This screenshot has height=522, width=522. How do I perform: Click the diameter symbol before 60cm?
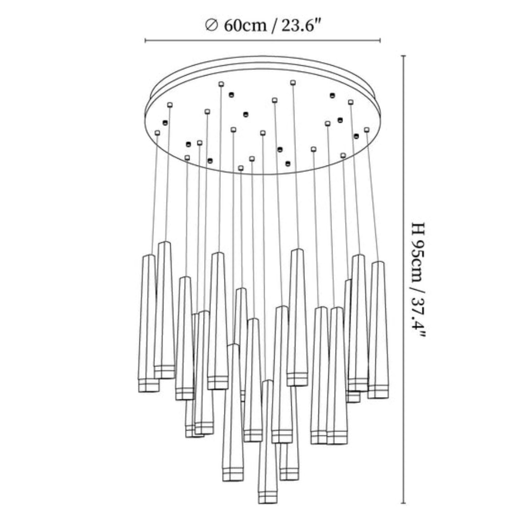(x=211, y=25)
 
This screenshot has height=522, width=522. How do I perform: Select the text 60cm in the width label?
(x=245, y=25)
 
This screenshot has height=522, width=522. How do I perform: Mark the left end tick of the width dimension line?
(x=146, y=41)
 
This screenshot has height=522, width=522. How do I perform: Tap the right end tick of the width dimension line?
(x=380, y=41)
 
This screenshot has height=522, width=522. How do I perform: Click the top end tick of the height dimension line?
(x=404, y=56)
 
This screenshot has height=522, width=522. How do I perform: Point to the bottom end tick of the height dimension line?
(x=404, y=503)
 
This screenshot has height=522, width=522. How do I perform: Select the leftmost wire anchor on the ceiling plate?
(x=158, y=133)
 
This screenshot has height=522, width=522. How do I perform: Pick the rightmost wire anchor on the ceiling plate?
(x=366, y=129)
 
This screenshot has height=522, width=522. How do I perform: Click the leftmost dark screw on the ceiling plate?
(x=165, y=123)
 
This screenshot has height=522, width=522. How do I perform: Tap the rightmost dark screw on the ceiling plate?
(x=356, y=136)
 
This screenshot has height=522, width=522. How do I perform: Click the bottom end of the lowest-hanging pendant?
(x=268, y=502)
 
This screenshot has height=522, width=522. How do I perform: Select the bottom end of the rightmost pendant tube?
(x=378, y=397)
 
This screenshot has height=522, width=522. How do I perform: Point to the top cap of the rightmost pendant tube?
(x=378, y=263)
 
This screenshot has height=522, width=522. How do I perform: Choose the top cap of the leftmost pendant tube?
(x=149, y=256)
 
